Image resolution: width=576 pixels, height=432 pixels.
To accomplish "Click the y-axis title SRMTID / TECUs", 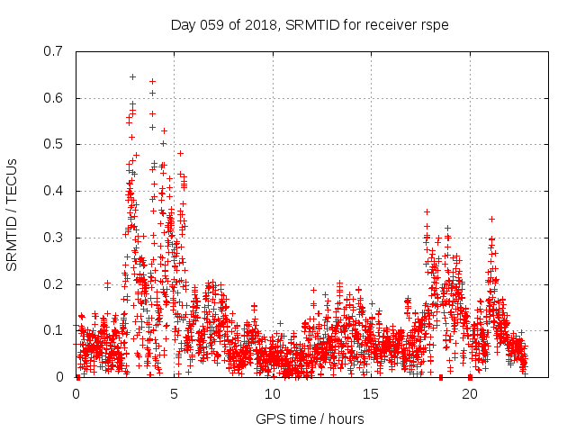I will coord(13,213).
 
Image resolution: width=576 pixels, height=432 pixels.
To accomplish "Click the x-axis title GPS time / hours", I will coord(310,418).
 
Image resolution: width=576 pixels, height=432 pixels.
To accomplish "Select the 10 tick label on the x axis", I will coord(273,393).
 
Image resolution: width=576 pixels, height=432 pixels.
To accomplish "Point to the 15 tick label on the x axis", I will coord(372,393).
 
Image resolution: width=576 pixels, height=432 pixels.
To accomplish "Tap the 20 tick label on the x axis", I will coord(470,393).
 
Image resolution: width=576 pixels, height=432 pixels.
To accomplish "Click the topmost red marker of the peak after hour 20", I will coord(491,219).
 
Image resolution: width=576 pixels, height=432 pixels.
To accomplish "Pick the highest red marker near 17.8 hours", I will coord(427,212).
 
